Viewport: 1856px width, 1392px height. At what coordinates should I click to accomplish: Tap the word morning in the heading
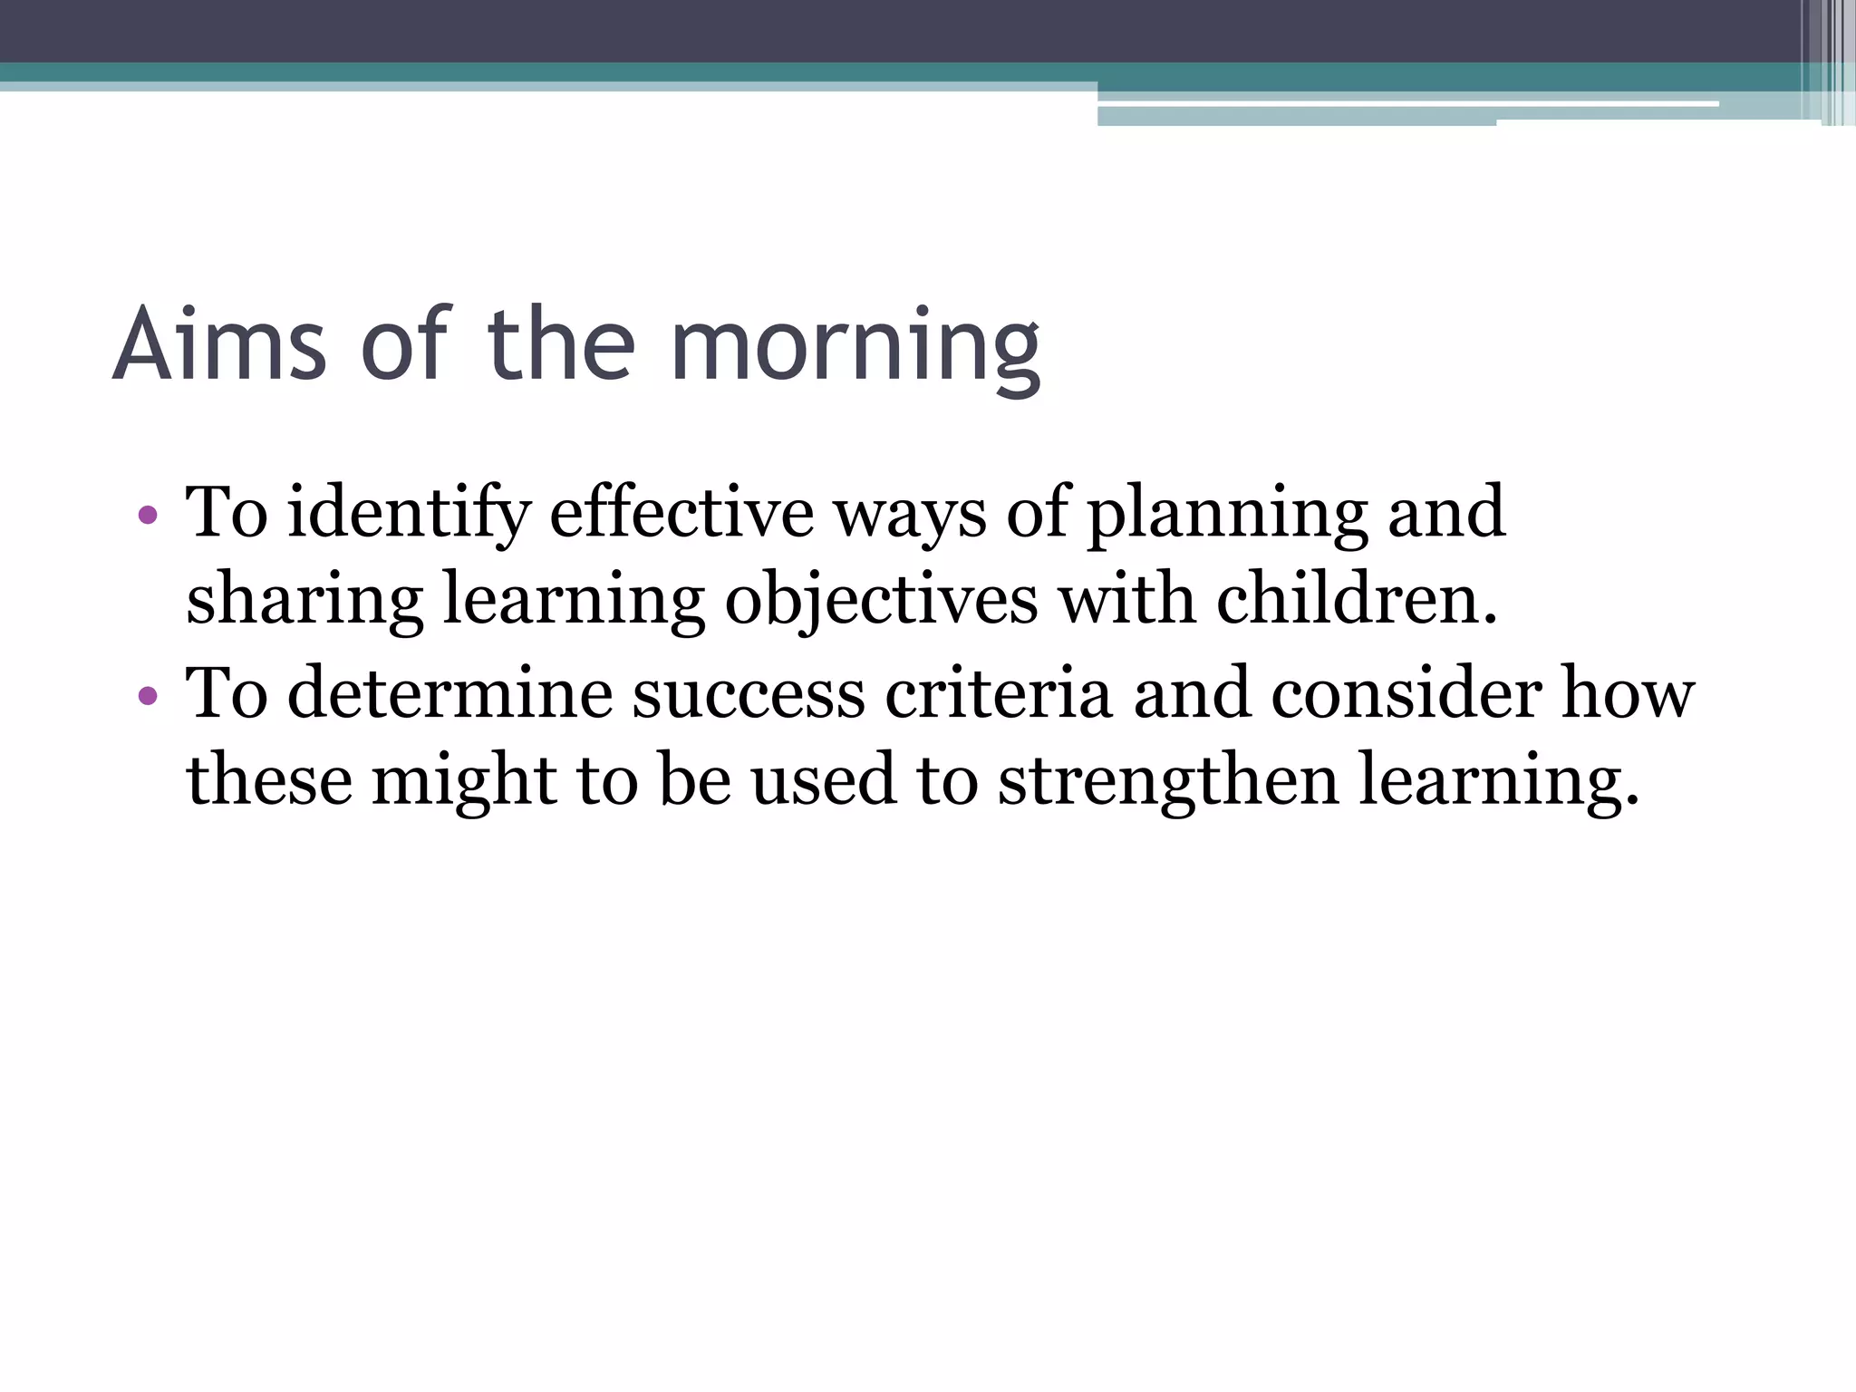point(855,348)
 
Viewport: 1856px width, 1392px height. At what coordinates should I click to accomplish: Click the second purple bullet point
point(148,696)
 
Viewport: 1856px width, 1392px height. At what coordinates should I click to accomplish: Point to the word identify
point(408,515)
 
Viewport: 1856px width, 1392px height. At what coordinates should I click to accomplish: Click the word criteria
point(998,694)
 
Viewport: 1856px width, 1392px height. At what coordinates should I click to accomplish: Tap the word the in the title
point(561,344)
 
